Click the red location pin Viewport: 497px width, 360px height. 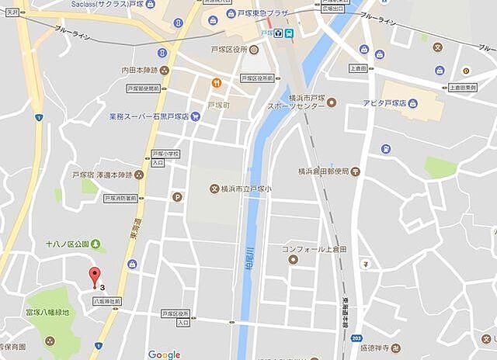95,275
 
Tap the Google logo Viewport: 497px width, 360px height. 164,355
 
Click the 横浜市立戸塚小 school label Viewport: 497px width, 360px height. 249,189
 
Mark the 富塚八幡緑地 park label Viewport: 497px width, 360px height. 47,313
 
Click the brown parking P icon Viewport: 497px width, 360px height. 177,196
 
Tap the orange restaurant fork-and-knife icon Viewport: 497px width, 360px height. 217,83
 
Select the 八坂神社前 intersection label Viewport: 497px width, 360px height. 106,300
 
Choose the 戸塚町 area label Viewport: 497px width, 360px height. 217,105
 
